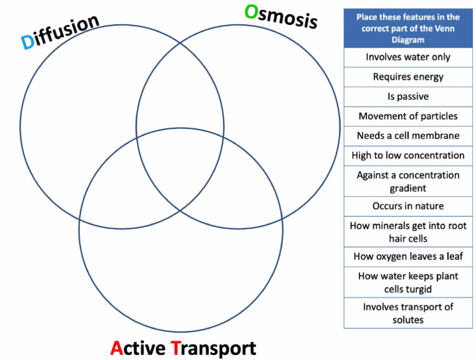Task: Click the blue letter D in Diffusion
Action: point(28,41)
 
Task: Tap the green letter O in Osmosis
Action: point(251,12)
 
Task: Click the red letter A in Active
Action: point(118,348)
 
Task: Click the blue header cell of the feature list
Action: point(408,29)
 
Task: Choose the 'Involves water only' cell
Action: point(408,57)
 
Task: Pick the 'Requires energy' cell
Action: point(408,77)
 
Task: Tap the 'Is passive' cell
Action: point(408,97)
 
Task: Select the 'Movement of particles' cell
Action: point(408,116)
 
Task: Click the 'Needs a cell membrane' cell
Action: point(408,136)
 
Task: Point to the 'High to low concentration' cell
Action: point(408,155)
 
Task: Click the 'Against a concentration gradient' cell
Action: point(408,182)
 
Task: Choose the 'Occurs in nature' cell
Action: point(408,206)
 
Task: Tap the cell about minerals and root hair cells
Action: point(408,232)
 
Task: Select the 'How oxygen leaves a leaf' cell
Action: point(408,256)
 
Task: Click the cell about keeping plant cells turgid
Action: point(408,282)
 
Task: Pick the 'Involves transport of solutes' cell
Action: point(408,313)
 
